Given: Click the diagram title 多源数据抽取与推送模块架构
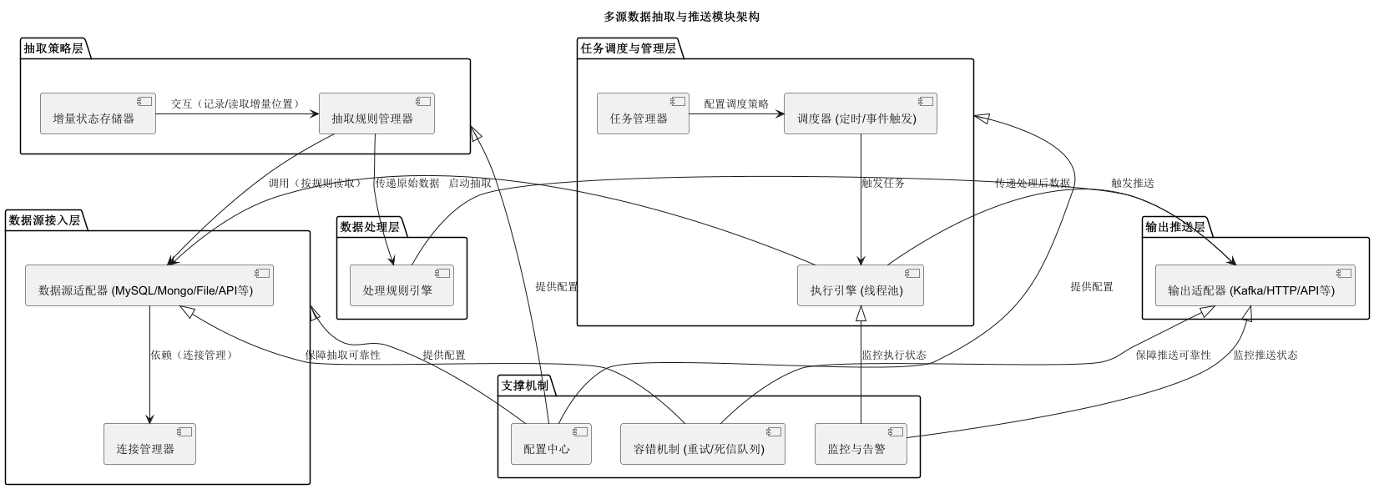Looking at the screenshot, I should (x=681, y=17).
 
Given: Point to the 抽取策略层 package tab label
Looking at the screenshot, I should (x=53, y=48).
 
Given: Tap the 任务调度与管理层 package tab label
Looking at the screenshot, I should (x=628, y=48).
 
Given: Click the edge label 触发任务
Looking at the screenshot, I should (x=882, y=183).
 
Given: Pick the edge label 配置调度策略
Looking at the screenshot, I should (x=735, y=104).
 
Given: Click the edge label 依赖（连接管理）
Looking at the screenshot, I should (x=191, y=355).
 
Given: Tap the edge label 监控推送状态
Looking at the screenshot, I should (x=1265, y=355).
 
